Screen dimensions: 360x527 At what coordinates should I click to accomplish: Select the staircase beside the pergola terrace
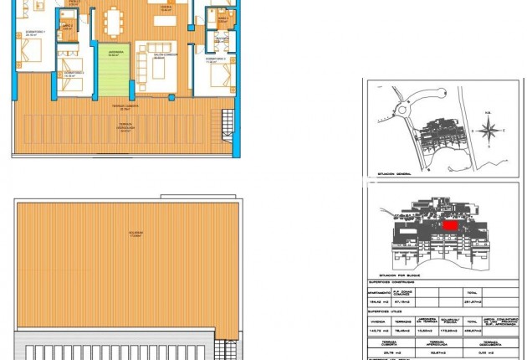tap(227, 126)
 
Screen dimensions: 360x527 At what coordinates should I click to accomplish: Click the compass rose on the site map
tap(493, 129)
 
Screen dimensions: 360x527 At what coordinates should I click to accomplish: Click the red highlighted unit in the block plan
tap(450, 224)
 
